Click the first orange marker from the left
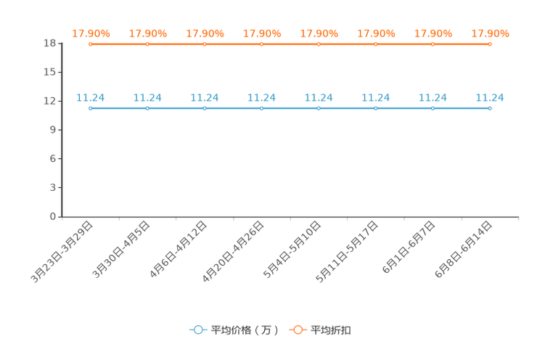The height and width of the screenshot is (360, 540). tap(91, 44)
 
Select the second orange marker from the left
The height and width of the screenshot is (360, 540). tap(147, 44)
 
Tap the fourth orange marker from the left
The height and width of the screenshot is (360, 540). tap(262, 44)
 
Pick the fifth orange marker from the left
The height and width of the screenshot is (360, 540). tap(319, 44)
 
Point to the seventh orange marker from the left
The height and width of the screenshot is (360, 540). tap(433, 44)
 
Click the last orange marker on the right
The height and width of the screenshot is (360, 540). tap(490, 44)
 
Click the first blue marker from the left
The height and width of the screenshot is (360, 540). tap(91, 108)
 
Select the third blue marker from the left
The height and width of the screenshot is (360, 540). tap(205, 108)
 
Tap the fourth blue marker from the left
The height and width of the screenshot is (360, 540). tap(262, 108)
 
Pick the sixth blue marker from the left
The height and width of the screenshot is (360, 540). tap(376, 108)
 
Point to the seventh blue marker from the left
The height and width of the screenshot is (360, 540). tap(433, 108)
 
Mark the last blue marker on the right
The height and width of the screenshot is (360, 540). tap(490, 108)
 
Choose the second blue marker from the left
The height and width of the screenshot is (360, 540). tap(147, 108)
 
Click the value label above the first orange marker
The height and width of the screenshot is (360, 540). tap(91, 33)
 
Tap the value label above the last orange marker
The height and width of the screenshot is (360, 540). tap(490, 33)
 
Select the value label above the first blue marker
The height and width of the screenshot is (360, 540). tap(91, 97)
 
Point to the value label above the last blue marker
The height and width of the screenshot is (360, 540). tap(490, 97)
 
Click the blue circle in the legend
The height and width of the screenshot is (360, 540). tap(197, 330)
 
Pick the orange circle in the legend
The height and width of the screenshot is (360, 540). tap(298, 330)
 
